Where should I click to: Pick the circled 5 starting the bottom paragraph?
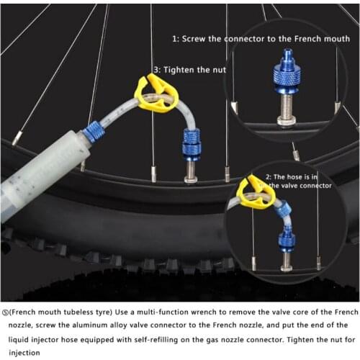[6, 312]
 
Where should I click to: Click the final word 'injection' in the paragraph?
[23, 352]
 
